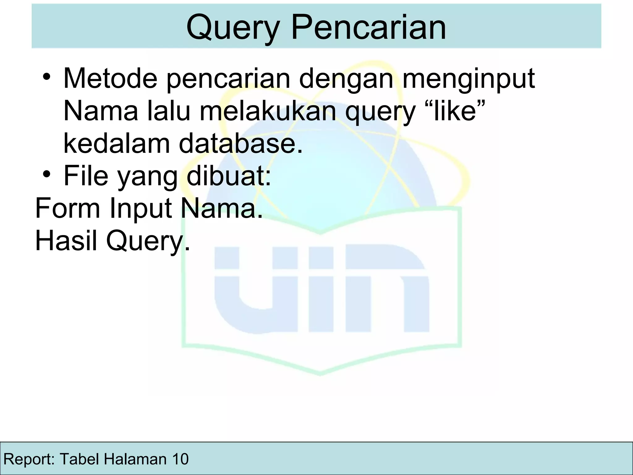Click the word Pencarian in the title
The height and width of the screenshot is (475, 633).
click(368, 28)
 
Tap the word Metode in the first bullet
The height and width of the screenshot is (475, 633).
click(110, 79)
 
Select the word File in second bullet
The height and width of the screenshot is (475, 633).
click(86, 176)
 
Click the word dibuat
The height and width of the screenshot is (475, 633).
click(228, 176)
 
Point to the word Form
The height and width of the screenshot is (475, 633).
click(68, 208)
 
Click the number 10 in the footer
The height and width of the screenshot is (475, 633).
click(180, 459)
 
